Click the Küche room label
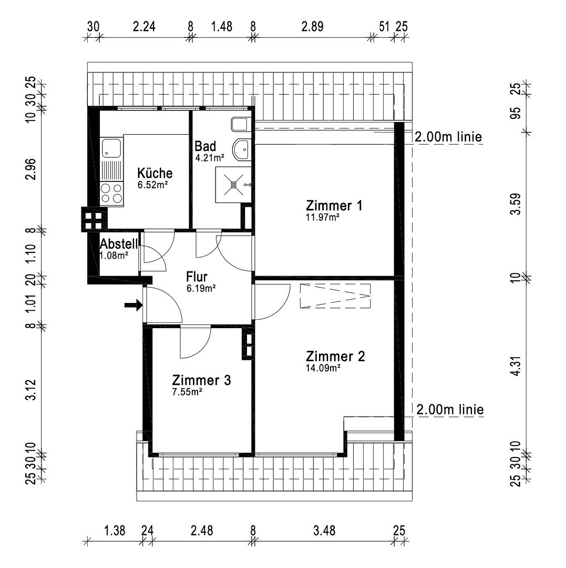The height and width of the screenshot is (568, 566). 155,173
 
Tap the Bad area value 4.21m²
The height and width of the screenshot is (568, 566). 210,157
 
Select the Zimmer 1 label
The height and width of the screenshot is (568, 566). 334,206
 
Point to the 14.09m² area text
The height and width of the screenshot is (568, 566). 323,368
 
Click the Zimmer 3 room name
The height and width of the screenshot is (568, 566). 201,380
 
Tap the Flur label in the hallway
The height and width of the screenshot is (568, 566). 197,277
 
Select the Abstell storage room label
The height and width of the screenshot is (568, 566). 119,244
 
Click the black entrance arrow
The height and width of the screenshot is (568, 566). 133,305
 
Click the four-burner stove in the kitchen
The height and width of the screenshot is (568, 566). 111,193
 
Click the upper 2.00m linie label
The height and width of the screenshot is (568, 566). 448,137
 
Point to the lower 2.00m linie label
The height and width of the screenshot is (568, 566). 450,409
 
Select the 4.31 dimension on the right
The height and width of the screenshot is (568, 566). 519,365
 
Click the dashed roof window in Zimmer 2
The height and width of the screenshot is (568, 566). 335,296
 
